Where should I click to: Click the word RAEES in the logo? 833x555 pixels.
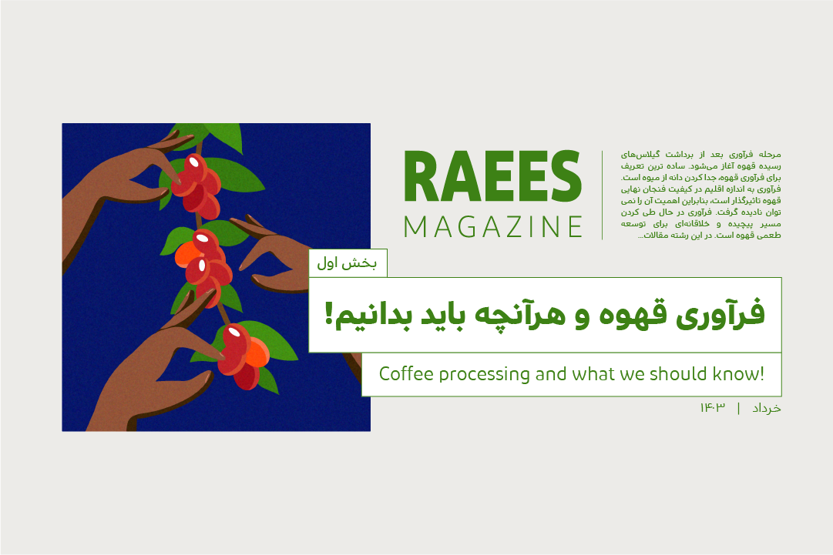pos(493,176)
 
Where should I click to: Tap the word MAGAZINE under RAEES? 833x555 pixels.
pos(493,227)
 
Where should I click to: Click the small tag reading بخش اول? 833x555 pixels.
pos(348,263)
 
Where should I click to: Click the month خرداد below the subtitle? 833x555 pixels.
pos(767,408)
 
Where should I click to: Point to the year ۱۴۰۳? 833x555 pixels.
pos(713,407)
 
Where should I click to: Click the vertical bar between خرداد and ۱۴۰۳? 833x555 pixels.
pos(738,408)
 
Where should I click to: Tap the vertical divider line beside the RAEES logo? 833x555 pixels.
pos(602,196)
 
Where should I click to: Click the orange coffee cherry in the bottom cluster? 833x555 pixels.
pos(258,352)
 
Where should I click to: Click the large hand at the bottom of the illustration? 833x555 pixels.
pos(154,372)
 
